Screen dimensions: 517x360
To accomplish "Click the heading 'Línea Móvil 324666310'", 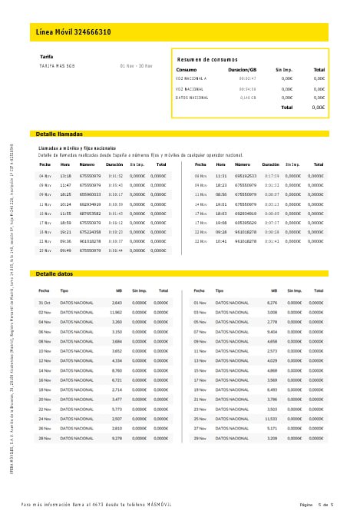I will (x=74, y=32).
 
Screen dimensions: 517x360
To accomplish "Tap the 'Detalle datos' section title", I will (x=54, y=273).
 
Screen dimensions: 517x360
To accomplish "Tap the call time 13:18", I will (x=65, y=176).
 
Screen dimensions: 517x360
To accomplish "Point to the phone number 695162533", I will (x=246, y=176).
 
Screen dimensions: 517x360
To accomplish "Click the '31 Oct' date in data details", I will (x=45, y=303).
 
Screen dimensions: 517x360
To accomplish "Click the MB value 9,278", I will (x=117, y=437).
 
